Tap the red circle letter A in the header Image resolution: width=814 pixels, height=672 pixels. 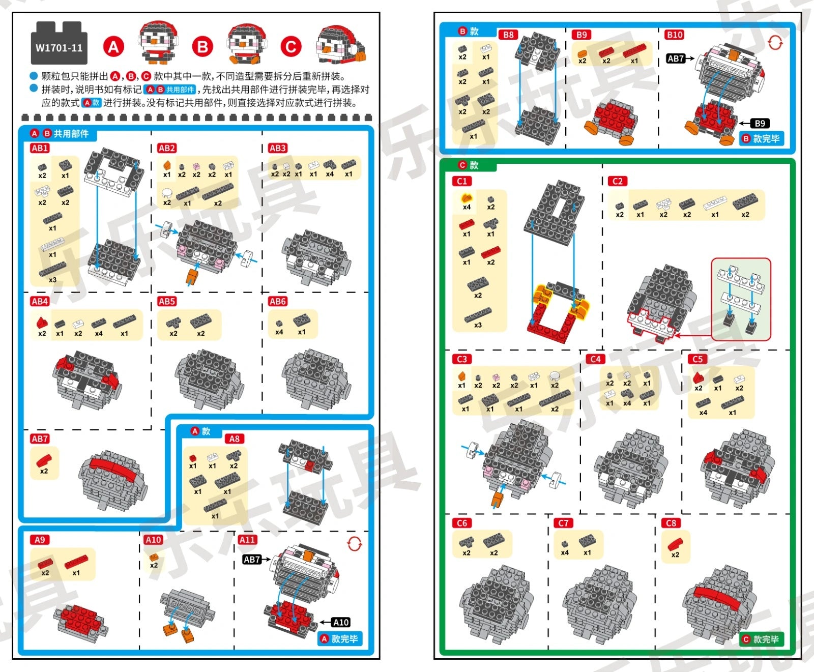pos(113,47)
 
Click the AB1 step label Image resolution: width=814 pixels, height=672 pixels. pos(40,148)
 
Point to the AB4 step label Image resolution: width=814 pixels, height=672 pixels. pos(40,301)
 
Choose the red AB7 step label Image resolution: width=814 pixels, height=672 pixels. pos(40,439)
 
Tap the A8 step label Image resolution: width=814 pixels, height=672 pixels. pos(234,439)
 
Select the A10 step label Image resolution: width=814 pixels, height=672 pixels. pos(153,540)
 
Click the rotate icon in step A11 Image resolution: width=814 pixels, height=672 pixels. pos(355,544)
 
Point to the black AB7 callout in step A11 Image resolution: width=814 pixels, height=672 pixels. pos(252,560)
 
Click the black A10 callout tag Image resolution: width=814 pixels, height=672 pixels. pos(340,622)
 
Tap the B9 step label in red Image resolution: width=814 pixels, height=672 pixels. pos(582,35)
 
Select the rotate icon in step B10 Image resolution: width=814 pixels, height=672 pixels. pos(775,43)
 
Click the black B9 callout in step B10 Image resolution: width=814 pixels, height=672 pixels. pos(760,123)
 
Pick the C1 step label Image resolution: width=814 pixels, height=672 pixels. pos(462,181)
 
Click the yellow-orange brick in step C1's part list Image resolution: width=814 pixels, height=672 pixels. pos(466,198)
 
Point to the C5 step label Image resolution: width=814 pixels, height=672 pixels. pos(697,359)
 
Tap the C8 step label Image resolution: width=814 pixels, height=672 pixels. pos(671,523)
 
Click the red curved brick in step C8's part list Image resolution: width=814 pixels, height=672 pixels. pos(675,543)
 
